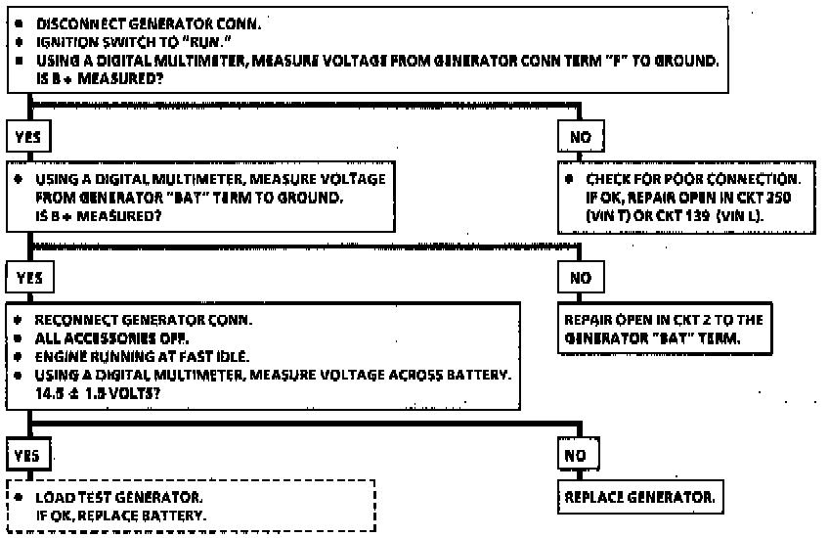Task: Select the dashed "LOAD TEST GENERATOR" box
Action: point(192,506)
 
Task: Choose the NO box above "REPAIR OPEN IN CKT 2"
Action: point(581,278)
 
